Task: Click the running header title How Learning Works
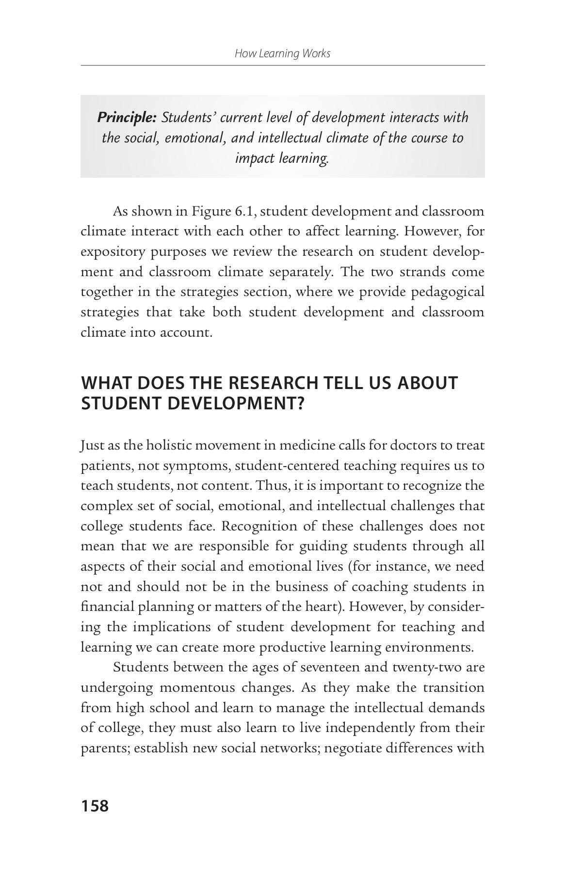(282, 53)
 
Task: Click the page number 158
(95, 806)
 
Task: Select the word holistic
(170, 445)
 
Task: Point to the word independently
(369, 728)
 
